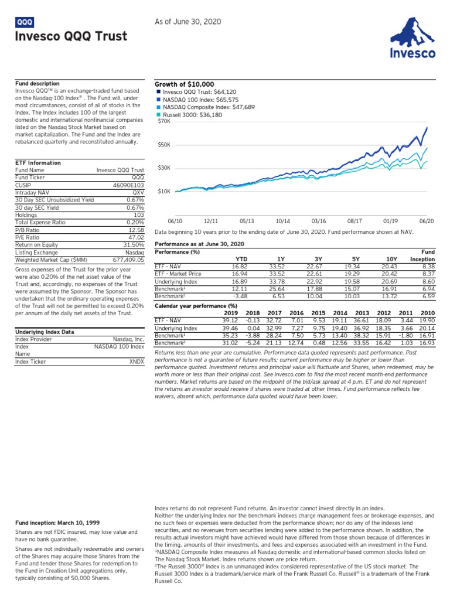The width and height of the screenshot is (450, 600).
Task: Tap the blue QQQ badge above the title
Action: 25,22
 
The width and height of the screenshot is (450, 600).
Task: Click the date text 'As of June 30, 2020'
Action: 187,22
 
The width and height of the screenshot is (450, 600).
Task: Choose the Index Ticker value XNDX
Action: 135,362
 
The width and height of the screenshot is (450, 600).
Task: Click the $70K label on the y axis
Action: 164,122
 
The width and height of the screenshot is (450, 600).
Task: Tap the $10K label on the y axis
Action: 164,191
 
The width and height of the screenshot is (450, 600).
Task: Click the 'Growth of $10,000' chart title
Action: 184,84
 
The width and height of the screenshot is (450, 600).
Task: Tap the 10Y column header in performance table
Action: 391,258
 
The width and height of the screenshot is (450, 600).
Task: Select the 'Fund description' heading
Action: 37,84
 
